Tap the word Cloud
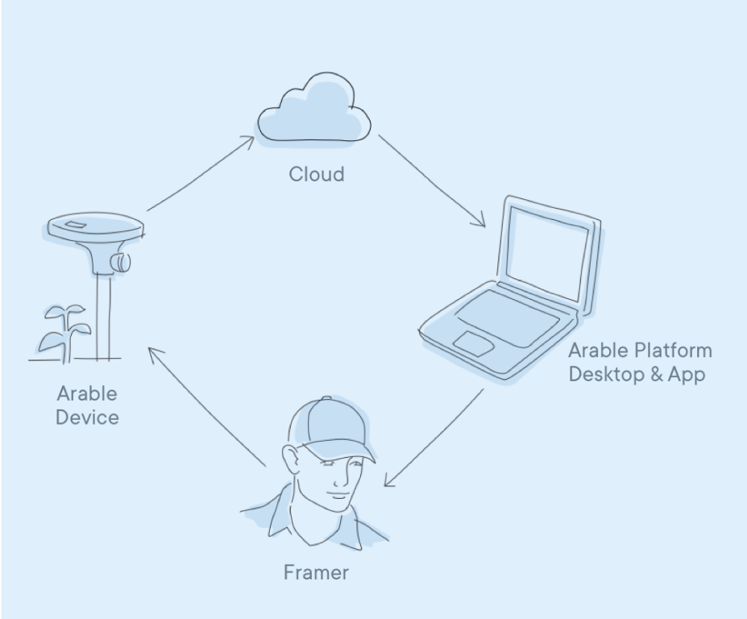316,173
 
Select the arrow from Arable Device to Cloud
200,174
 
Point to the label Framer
316,572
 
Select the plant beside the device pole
63,330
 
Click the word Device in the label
87,418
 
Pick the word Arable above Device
87,393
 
